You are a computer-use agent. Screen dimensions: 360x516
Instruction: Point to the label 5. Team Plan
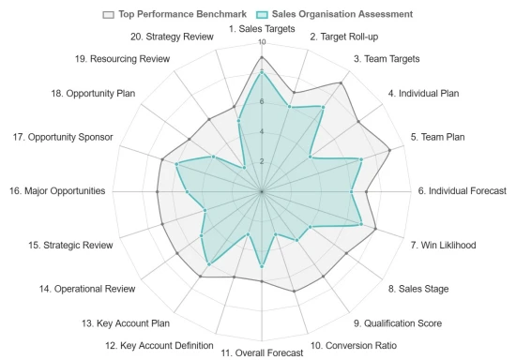437,137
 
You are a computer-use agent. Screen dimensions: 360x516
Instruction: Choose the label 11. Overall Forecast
262,352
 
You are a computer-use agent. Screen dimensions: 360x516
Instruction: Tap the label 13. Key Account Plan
126,323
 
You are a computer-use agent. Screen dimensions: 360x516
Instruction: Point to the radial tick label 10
261,43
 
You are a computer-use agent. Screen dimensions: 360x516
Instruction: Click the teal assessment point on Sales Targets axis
262,72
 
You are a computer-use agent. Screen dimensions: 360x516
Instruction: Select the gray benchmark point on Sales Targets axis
262,57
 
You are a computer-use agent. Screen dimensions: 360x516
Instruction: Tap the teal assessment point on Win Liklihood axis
361,224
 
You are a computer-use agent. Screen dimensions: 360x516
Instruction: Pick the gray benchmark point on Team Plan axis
389,150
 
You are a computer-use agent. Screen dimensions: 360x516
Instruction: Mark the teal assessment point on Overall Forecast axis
262,266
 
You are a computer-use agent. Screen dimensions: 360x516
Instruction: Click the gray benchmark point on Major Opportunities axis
158,191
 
